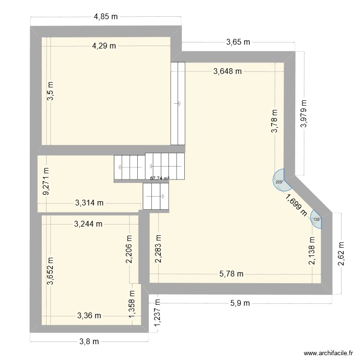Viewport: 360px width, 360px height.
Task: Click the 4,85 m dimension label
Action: click(106, 17)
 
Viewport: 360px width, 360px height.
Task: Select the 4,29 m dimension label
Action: click(104, 46)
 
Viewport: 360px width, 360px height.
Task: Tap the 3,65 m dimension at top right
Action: click(238, 43)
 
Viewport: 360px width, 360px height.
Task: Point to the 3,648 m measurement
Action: click(228, 72)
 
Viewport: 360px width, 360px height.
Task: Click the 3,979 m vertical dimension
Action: click(303, 113)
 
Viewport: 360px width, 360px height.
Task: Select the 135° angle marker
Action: click(316, 219)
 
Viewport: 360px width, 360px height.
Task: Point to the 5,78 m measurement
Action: click(231, 274)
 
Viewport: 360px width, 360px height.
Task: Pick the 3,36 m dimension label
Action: click(89, 315)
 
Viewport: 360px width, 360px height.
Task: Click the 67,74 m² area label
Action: click(160, 178)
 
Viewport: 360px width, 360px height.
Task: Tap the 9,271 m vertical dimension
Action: click(46, 181)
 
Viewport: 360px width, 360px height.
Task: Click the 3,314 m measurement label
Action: click(89, 203)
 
